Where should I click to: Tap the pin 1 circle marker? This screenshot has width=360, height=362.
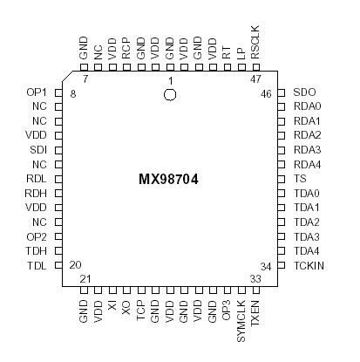click(171, 93)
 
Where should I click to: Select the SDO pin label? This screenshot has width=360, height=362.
click(305, 92)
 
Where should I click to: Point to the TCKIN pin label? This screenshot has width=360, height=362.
click(309, 265)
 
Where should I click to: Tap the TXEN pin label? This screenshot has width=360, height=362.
click(255, 312)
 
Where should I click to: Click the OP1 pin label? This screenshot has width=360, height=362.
click(37, 92)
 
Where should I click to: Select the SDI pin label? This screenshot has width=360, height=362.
click(37, 150)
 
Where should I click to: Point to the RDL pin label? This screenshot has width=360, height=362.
click(37, 179)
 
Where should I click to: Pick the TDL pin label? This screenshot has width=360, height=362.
click(37, 265)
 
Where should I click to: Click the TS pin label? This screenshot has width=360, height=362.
click(300, 179)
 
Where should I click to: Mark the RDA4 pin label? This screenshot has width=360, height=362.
click(308, 164)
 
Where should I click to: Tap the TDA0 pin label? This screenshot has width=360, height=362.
click(308, 193)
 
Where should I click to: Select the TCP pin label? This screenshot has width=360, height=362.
click(140, 311)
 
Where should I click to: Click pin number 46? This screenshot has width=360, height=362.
click(268, 92)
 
